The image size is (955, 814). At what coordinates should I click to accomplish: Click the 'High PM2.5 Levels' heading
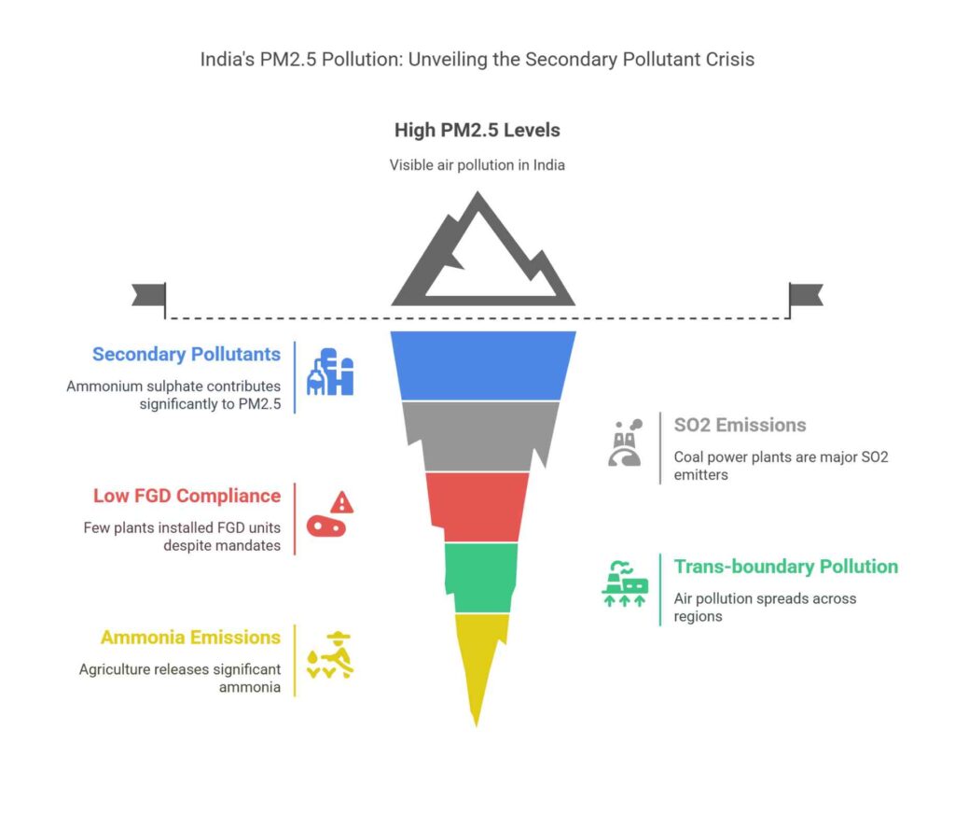tap(477, 130)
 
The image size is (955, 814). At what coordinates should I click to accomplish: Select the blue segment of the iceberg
tap(482, 365)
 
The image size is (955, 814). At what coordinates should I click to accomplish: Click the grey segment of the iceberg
tap(480, 435)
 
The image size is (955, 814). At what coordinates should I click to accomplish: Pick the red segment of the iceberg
tap(477, 506)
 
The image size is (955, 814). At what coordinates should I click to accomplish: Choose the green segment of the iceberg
tap(479, 576)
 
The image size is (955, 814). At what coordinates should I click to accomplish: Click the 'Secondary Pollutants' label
tap(186, 355)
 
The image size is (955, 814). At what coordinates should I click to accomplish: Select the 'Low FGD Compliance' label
tap(187, 496)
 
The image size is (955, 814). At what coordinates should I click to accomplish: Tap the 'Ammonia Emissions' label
tap(190, 638)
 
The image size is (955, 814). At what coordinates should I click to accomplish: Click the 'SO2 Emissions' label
tap(740, 425)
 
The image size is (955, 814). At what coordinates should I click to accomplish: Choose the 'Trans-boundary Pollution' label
tap(785, 567)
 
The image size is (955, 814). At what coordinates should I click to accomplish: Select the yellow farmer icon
tap(331, 656)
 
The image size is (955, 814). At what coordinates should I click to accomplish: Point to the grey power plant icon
tap(623, 442)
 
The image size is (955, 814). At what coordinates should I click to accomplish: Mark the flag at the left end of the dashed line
tap(149, 295)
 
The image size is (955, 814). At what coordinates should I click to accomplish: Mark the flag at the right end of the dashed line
tap(805, 295)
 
